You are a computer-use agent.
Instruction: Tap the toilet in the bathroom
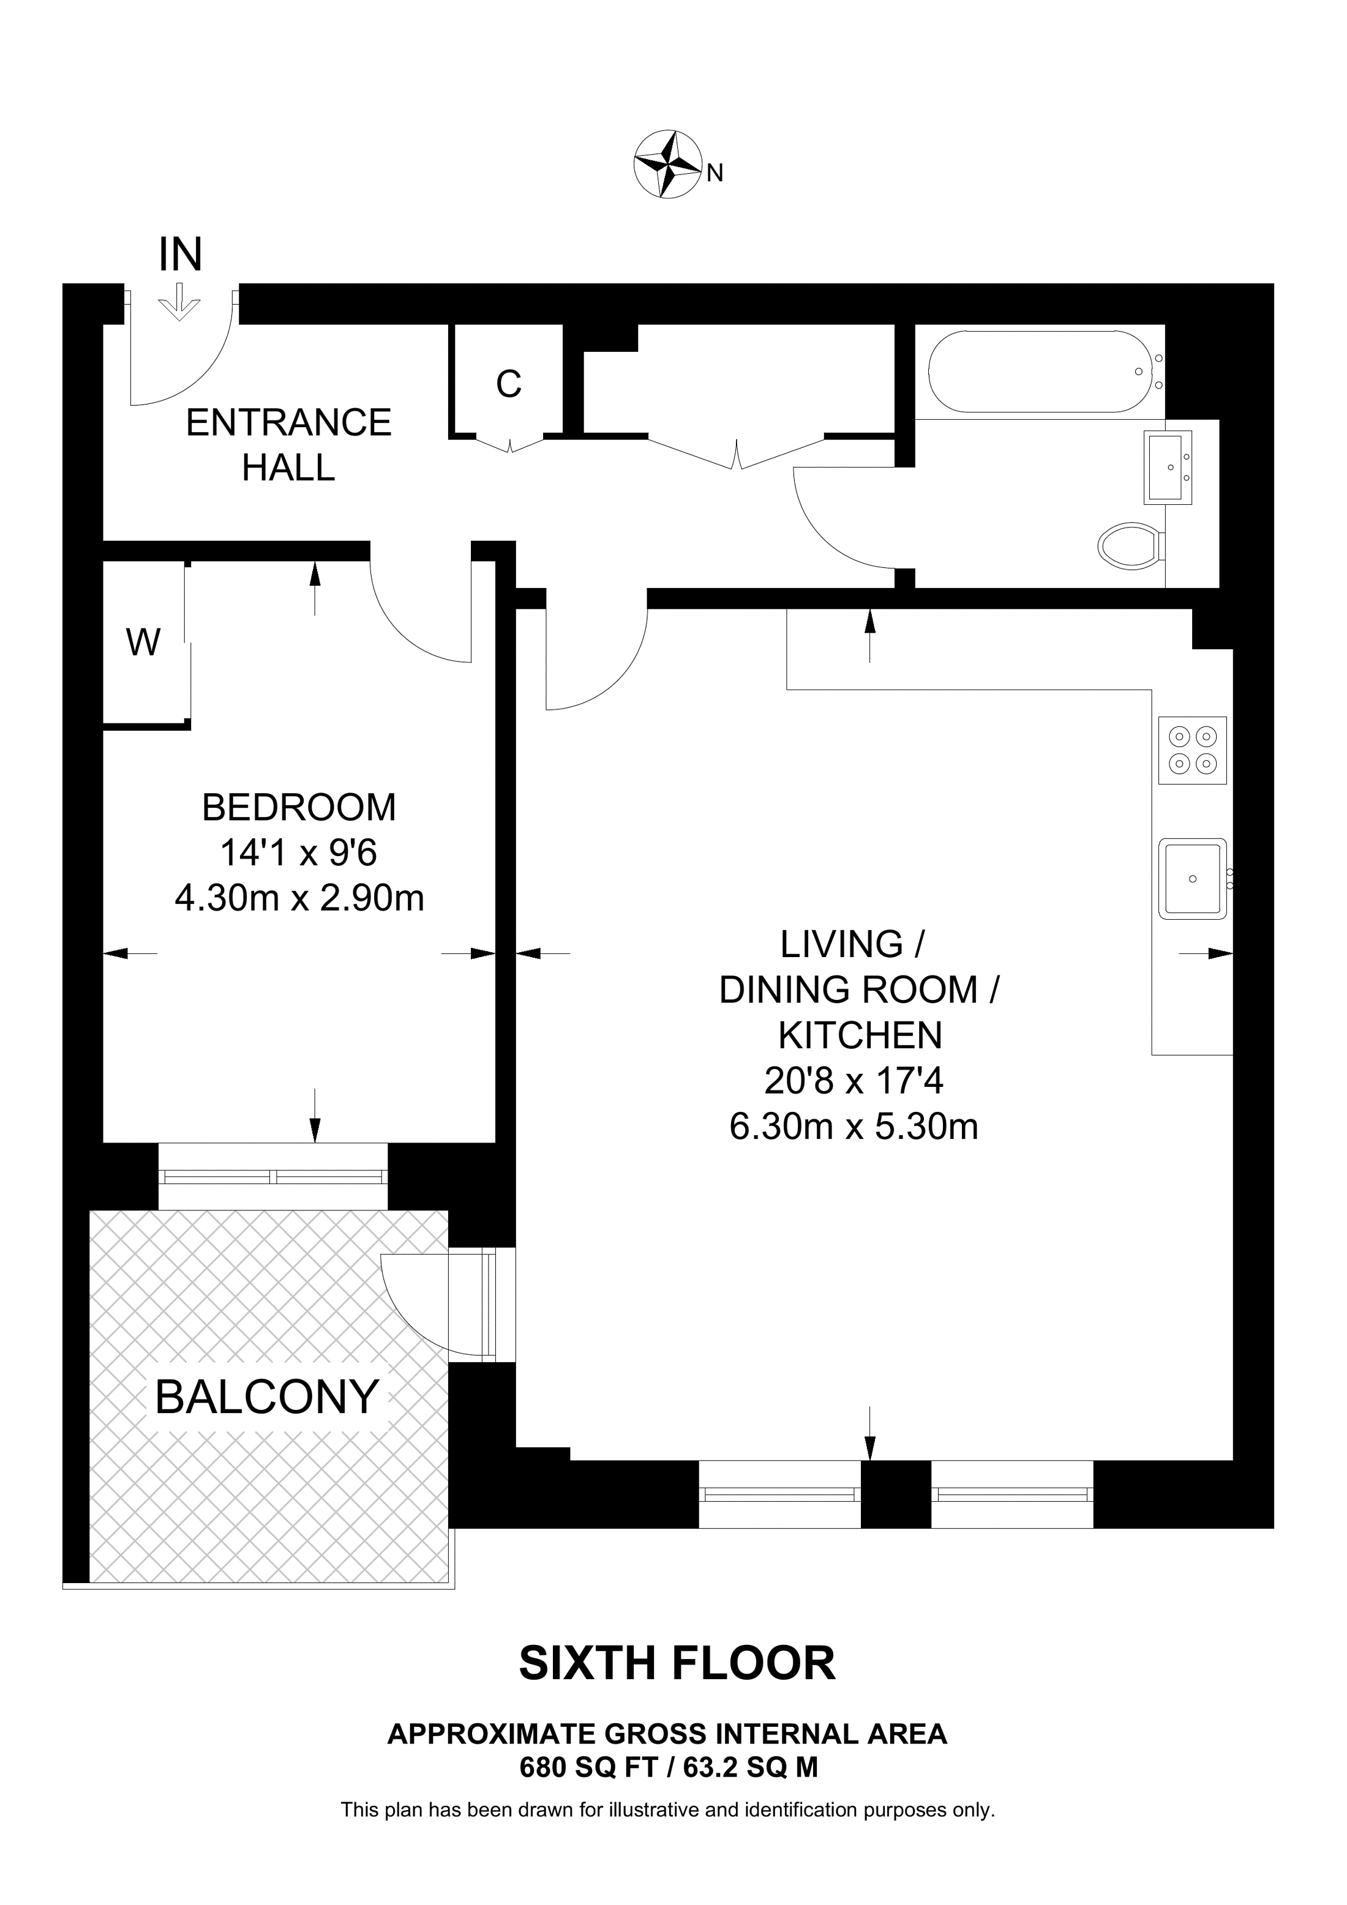click(x=1130, y=545)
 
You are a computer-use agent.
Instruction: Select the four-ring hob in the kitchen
click(x=1192, y=750)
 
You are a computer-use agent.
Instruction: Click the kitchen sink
click(x=1193, y=879)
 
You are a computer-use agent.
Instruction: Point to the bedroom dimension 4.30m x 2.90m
click(x=299, y=898)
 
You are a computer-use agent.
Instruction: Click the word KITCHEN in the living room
click(x=860, y=1035)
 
